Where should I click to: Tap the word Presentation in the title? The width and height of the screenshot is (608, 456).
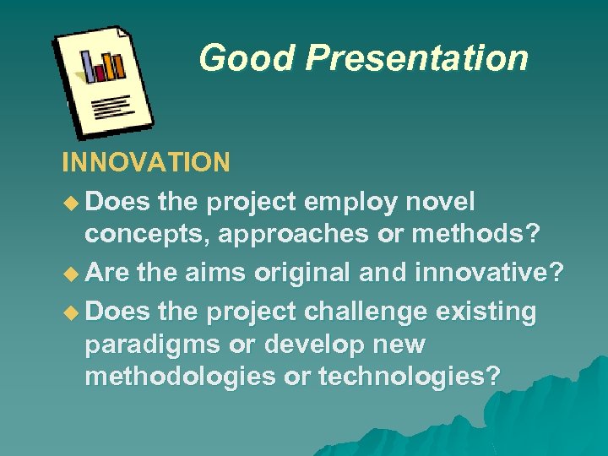pos(417,58)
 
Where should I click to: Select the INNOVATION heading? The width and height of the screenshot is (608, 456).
pos(145,162)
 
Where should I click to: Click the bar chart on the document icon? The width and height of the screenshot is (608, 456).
pos(103,66)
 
